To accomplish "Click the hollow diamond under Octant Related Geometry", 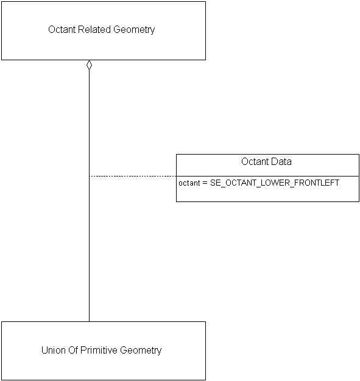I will pos(89,65).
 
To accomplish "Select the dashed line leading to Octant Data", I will pos(132,176).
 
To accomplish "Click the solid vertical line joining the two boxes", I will pos(89,243).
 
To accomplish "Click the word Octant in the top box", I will pos(62,29).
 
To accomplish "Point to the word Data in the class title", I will pos(281,161).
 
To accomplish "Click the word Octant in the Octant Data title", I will pos(255,161).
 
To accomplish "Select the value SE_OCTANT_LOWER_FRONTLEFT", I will pos(275,183).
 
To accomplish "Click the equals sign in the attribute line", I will pos(205,183).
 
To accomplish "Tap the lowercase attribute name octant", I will pos(189,183).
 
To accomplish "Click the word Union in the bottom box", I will pos(53,350).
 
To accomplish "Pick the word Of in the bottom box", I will pos(74,350).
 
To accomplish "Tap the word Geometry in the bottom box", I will pos(141,350).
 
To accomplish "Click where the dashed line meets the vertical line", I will pos(89,176).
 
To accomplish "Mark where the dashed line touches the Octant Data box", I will pos(176,176).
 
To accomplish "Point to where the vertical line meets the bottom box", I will pos(89,321).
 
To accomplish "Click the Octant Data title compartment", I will pos(267,165).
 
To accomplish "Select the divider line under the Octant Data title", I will pos(267,176).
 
